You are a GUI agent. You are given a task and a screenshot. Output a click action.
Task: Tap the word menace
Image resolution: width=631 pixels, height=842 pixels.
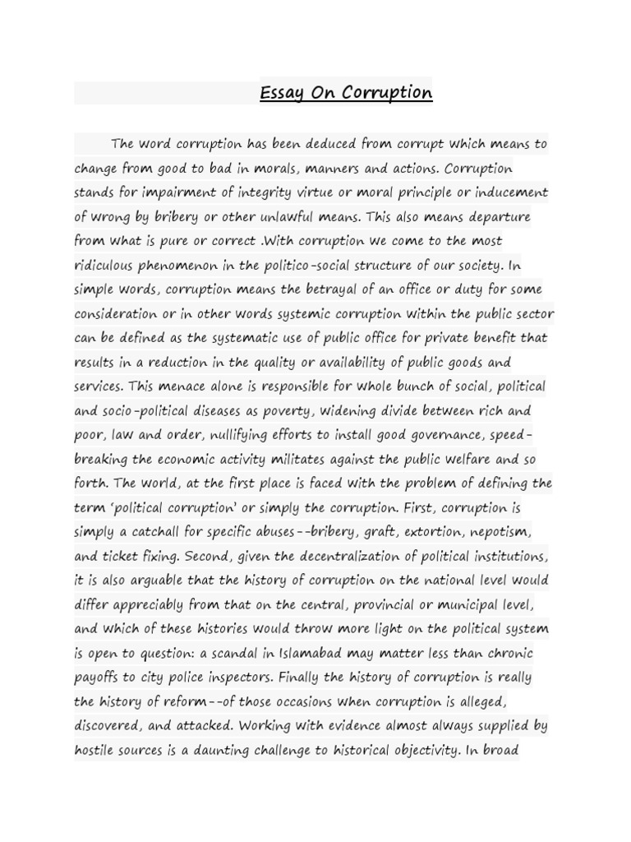(192, 386)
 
